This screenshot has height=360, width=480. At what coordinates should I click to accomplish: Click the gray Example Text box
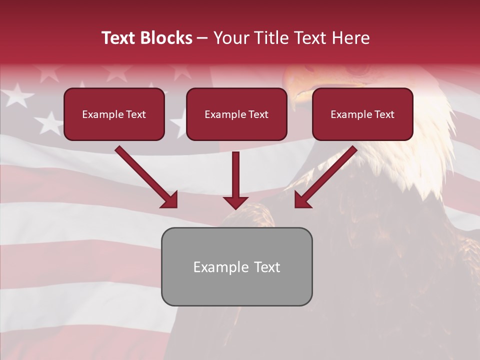(236, 290)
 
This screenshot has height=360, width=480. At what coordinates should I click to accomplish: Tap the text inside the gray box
(236, 267)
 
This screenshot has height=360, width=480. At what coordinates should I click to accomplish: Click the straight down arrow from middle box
(235, 175)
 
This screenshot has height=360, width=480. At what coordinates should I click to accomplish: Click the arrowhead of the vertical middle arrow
(235, 202)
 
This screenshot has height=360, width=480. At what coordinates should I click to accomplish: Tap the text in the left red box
(114, 114)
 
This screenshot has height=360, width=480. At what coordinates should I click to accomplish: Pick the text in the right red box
(362, 114)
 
